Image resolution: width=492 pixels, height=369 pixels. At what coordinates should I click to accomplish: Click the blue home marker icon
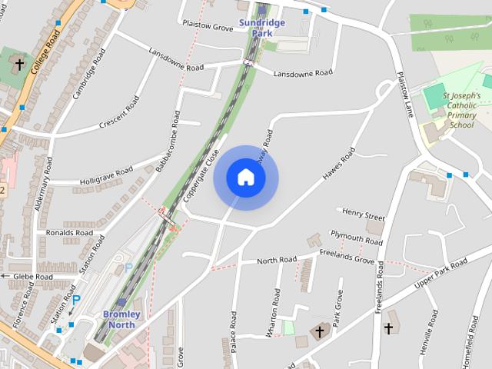coord(245,178)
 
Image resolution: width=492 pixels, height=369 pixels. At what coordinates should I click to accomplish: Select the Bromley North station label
coord(121,320)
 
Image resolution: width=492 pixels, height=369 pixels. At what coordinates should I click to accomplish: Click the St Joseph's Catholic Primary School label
coord(462,110)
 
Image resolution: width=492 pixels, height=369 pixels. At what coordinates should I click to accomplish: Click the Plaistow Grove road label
coord(208,27)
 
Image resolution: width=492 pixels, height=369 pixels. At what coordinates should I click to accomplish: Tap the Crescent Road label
coord(120,113)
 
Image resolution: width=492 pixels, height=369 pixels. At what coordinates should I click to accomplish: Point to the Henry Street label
coord(364,214)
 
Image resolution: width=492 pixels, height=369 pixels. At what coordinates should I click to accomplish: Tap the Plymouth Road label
coord(356,237)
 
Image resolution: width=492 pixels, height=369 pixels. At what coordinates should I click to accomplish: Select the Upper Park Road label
coord(440,274)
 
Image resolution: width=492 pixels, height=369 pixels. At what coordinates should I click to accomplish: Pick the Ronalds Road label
coord(69,232)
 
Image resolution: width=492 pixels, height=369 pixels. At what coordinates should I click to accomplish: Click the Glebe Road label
coord(32,276)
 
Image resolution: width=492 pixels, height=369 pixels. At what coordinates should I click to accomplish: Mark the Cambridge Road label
coord(88,73)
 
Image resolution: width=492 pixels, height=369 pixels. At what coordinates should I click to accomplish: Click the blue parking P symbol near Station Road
coord(76,300)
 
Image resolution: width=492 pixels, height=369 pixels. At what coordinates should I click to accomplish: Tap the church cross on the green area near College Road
coord(19,65)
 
